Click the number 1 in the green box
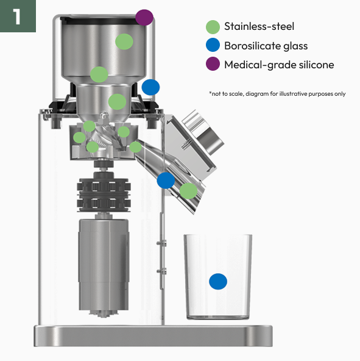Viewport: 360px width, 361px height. click(x=17, y=16)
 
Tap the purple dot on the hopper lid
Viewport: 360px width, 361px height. click(x=144, y=17)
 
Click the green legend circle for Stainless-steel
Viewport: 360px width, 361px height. click(x=213, y=27)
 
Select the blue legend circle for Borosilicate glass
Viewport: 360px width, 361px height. click(x=213, y=45)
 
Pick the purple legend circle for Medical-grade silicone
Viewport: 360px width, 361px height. click(x=213, y=64)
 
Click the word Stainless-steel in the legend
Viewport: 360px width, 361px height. click(x=259, y=26)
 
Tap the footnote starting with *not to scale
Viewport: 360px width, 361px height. click(x=277, y=94)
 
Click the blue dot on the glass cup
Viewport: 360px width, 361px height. click(x=218, y=281)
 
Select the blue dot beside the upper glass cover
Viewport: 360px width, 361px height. click(x=150, y=87)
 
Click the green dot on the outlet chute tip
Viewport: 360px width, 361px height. click(x=188, y=191)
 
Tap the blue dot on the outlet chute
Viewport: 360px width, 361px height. click(x=166, y=180)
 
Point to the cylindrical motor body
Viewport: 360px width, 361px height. click(x=104, y=265)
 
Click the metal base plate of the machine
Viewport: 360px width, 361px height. click(x=154, y=335)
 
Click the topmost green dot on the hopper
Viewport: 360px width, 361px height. click(x=124, y=41)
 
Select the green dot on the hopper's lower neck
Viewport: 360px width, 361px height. click(x=117, y=102)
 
